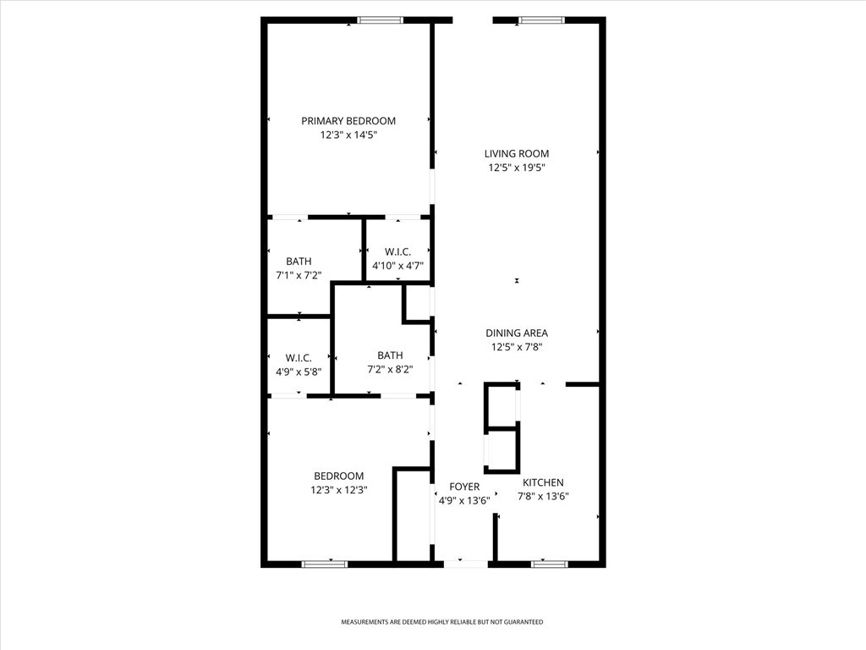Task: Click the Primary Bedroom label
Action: pos(348,120)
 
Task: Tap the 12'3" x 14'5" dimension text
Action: pos(348,135)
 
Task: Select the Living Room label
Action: pos(517,154)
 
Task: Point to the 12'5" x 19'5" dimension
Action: pos(517,168)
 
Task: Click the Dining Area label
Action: pos(517,333)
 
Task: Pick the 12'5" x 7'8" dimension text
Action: pos(517,347)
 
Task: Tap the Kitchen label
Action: pos(544,482)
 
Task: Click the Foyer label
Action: pos(464,487)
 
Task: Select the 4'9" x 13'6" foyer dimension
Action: pos(464,501)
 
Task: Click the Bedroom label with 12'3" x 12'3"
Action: pos(339,476)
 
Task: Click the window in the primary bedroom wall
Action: pos(380,20)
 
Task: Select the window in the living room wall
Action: pos(541,20)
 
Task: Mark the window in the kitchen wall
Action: pos(549,564)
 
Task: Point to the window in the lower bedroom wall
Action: pos(325,564)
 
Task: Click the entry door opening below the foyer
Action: pos(466,564)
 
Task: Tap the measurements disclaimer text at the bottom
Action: pos(441,622)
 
